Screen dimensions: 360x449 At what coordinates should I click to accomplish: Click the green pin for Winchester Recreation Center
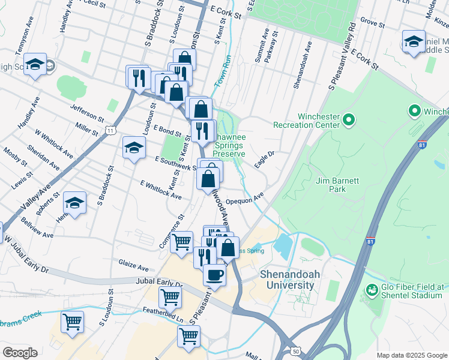click(348, 121)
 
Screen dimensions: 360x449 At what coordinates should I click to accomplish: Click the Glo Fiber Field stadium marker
click(372, 290)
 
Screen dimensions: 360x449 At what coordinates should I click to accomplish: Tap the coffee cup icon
click(214, 275)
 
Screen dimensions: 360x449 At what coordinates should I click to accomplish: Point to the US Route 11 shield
click(110, 130)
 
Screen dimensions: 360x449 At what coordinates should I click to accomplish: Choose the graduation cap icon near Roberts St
click(74, 203)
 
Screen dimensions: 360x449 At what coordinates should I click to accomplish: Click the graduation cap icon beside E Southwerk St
click(134, 146)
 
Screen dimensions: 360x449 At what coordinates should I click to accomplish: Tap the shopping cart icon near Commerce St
click(181, 242)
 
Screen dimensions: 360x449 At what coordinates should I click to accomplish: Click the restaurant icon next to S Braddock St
click(137, 76)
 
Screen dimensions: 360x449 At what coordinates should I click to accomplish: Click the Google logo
click(20, 353)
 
